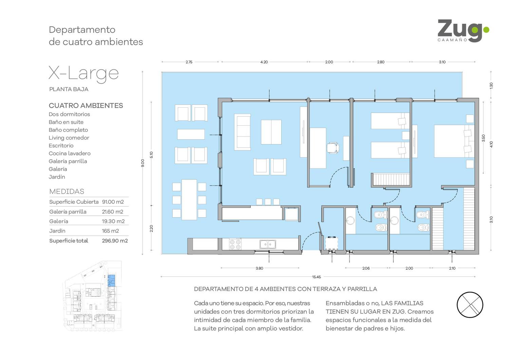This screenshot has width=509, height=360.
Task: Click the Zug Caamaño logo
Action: point(463,31)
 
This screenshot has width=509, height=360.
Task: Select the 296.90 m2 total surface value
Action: point(115,241)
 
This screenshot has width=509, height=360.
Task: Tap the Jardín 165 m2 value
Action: point(110,231)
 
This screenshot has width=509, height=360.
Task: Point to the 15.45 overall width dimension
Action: point(316,277)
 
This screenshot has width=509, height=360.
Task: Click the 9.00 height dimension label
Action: point(143,163)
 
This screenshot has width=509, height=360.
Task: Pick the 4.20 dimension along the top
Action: point(264,62)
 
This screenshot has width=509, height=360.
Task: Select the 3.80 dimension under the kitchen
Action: point(259,268)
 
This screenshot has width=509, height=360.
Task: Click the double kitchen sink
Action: point(268,245)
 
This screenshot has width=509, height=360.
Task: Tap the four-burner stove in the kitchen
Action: point(235,244)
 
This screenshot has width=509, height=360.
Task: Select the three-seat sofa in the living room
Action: point(243,132)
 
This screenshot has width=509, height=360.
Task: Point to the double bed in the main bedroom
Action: point(454,141)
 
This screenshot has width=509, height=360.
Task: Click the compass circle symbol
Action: point(470,305)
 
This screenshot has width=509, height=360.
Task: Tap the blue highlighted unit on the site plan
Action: point(111,281)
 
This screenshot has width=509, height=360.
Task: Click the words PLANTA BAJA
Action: point(69,89)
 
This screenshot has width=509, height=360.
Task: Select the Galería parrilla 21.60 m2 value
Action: point(112,212)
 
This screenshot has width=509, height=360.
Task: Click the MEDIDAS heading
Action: point(67,192)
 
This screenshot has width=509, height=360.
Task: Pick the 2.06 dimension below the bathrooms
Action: point(366,268)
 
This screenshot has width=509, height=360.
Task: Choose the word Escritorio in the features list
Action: point(61,146)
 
